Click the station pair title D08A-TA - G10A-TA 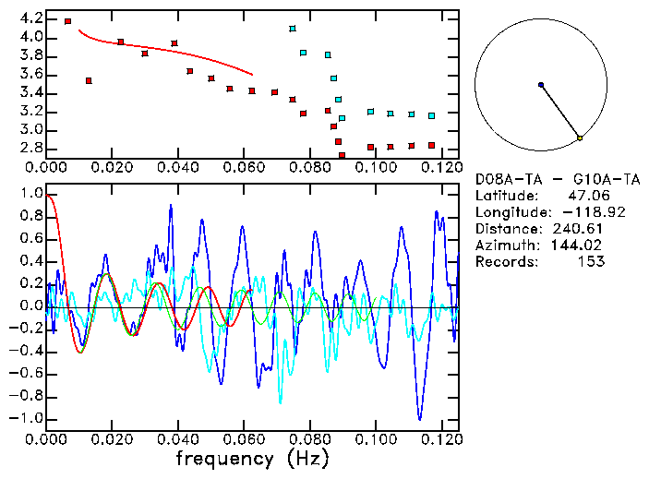(x=544, y=178)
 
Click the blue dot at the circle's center (x=541, y=85)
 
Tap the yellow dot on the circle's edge (x=580, y=138)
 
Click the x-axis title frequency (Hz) (x=252, y=458)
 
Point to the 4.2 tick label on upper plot (x=30, y=18)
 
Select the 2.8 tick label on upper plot (x=30, y=148)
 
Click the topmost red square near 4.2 (x=68, y=21)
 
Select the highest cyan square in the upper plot (x=293, y=29)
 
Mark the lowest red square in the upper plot (x=342, y=155)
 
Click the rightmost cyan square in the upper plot (x=431, y=115)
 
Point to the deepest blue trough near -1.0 (x=420, y=418)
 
